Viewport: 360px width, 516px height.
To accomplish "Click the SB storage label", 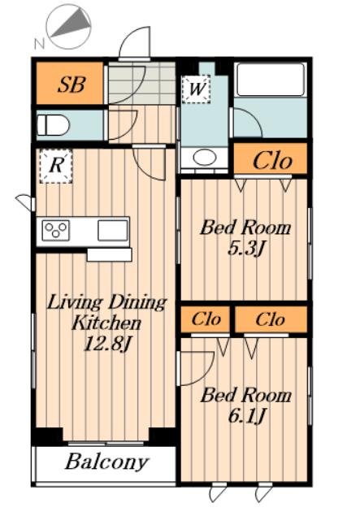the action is pos(72,85).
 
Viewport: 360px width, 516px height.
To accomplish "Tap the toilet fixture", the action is pos(53,125).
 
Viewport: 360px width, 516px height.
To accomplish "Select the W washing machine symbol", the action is pos(196,89).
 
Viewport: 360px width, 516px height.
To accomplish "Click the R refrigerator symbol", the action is pos(55,166).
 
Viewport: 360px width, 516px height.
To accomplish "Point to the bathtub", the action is pos(271,80).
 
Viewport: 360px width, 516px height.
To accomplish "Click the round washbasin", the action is pos(204,158).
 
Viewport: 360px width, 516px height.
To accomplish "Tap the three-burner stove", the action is pos(55,230).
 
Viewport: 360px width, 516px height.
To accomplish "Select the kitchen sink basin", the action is pos(113,230).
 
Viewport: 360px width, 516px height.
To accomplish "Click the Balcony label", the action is pos(106,462).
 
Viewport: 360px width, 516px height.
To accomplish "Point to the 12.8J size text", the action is pos(108,344).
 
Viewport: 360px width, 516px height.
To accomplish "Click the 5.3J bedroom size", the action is pos(245,249).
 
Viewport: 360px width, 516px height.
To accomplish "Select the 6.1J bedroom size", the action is pos(246,416).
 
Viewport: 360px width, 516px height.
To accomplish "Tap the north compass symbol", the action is pos(69,27).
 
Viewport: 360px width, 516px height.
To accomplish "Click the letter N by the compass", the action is pos(40,43).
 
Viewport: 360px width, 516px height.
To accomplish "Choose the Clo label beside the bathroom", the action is pos(272,161).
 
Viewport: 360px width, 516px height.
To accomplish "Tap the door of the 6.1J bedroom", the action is pos(195,369).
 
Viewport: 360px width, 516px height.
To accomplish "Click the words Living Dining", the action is pos(106,303).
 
